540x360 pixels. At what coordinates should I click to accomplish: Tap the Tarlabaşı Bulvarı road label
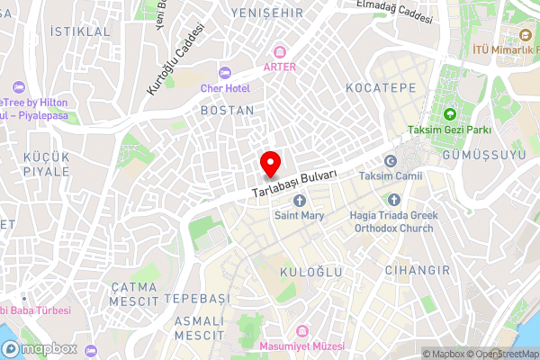[295, 184]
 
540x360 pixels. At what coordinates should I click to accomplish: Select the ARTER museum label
[280, 66]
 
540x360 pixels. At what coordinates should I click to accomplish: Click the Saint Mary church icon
[300, 200]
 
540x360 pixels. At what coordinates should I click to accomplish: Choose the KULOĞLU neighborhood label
[308, 246]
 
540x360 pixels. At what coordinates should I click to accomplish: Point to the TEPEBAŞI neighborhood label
[198, 298]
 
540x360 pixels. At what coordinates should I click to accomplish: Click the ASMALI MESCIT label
[199, 328]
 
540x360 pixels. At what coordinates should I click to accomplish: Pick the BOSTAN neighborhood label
[228, 110]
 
